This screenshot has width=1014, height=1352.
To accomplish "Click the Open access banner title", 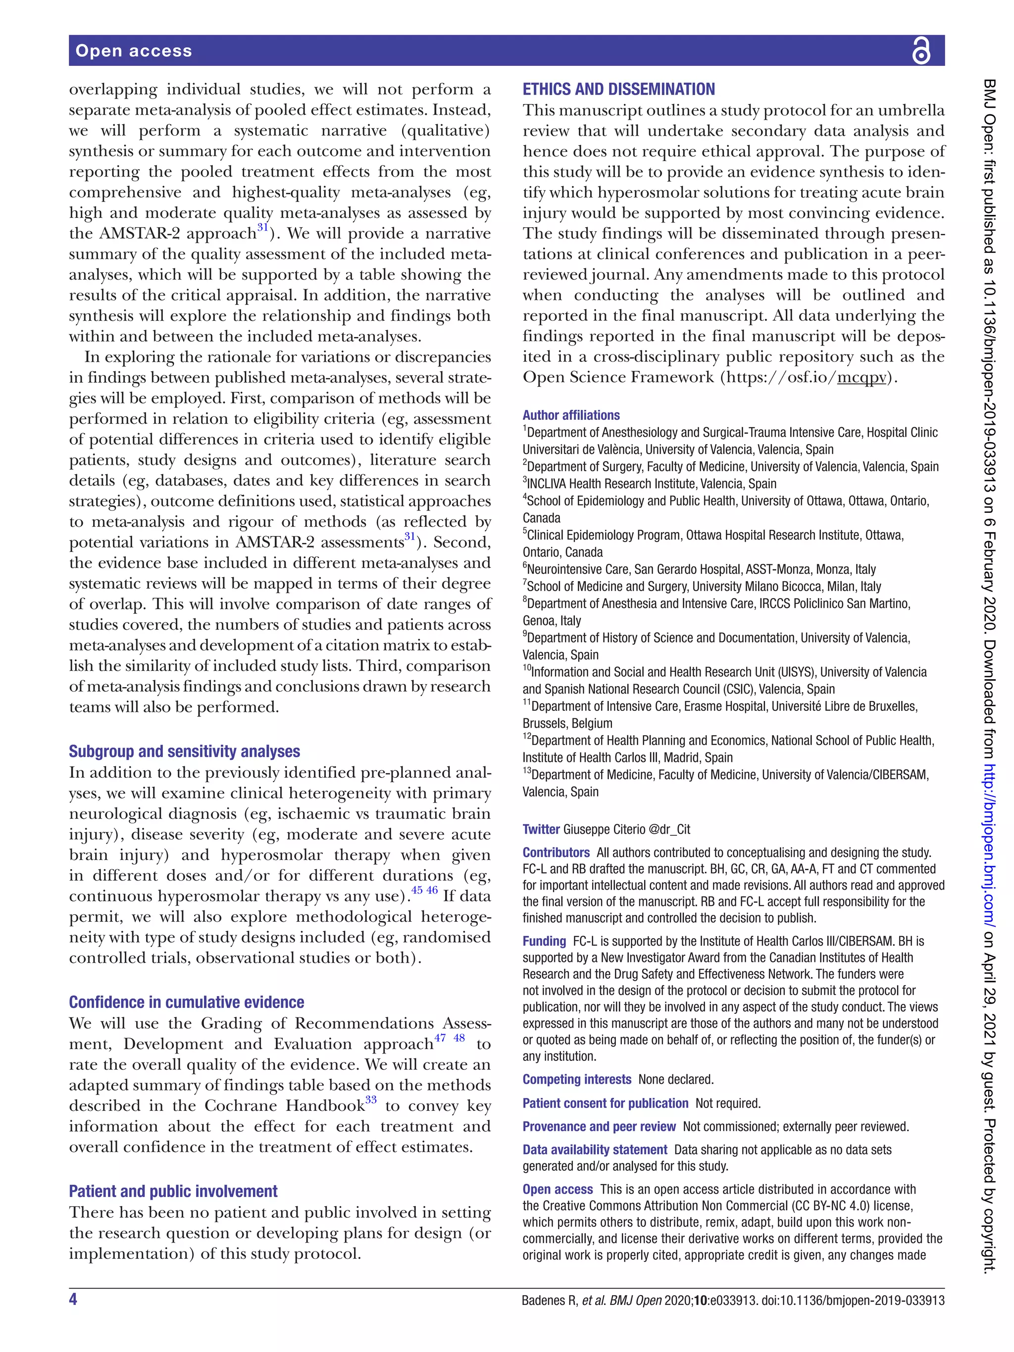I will (x=133, y=50).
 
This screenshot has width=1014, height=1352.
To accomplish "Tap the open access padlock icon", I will (x=920, y=50).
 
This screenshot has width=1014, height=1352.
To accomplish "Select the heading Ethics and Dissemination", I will (x=618, y=90).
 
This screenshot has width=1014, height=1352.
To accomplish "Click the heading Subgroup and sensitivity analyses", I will (x=184, y=751).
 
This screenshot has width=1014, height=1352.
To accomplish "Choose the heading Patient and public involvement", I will (x=173, y=1191).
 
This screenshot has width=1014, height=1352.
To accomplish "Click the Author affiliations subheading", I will (x=570, y=415).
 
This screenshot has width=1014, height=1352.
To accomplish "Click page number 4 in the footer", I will (x=73, y=1299).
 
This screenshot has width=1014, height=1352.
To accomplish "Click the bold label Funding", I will (x=544, y=941).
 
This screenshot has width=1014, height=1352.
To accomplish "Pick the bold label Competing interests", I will (x=576, y=1079).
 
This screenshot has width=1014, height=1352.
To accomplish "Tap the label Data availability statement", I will (x=594, y=1150).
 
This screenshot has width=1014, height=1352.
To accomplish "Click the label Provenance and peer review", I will (x=599, y=1126).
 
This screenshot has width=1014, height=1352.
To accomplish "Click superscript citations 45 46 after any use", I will (x=424, y=890).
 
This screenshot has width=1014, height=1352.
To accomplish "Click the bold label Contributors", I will (x=556, y=852).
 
